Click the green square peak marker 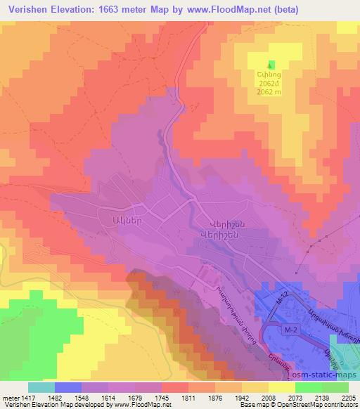(271, 65)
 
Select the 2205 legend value (347, 397)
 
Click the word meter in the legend (10, 397)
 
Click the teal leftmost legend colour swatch (41, 387)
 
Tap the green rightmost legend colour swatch (335, 387)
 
